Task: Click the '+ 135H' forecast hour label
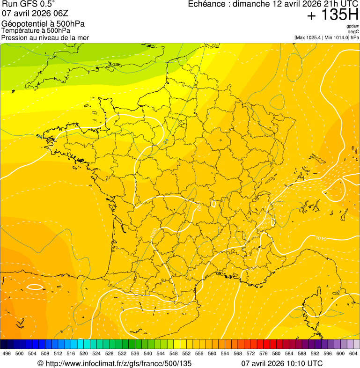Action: click(x=332, y=15)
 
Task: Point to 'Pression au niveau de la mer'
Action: click(x=45, y=37)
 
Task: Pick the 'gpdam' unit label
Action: click(x=353, y=26)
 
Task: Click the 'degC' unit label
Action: click(x=354, y=32)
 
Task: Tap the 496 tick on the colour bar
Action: click(x=7, y=353)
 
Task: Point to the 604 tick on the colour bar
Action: click(x=353, y=353)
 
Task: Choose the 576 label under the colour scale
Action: click(x=264, y=353)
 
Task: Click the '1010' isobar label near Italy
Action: click(x=321, y=239)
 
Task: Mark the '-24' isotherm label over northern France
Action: click(x=166, y=140)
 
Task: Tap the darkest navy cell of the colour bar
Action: click(x=4, y=345)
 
